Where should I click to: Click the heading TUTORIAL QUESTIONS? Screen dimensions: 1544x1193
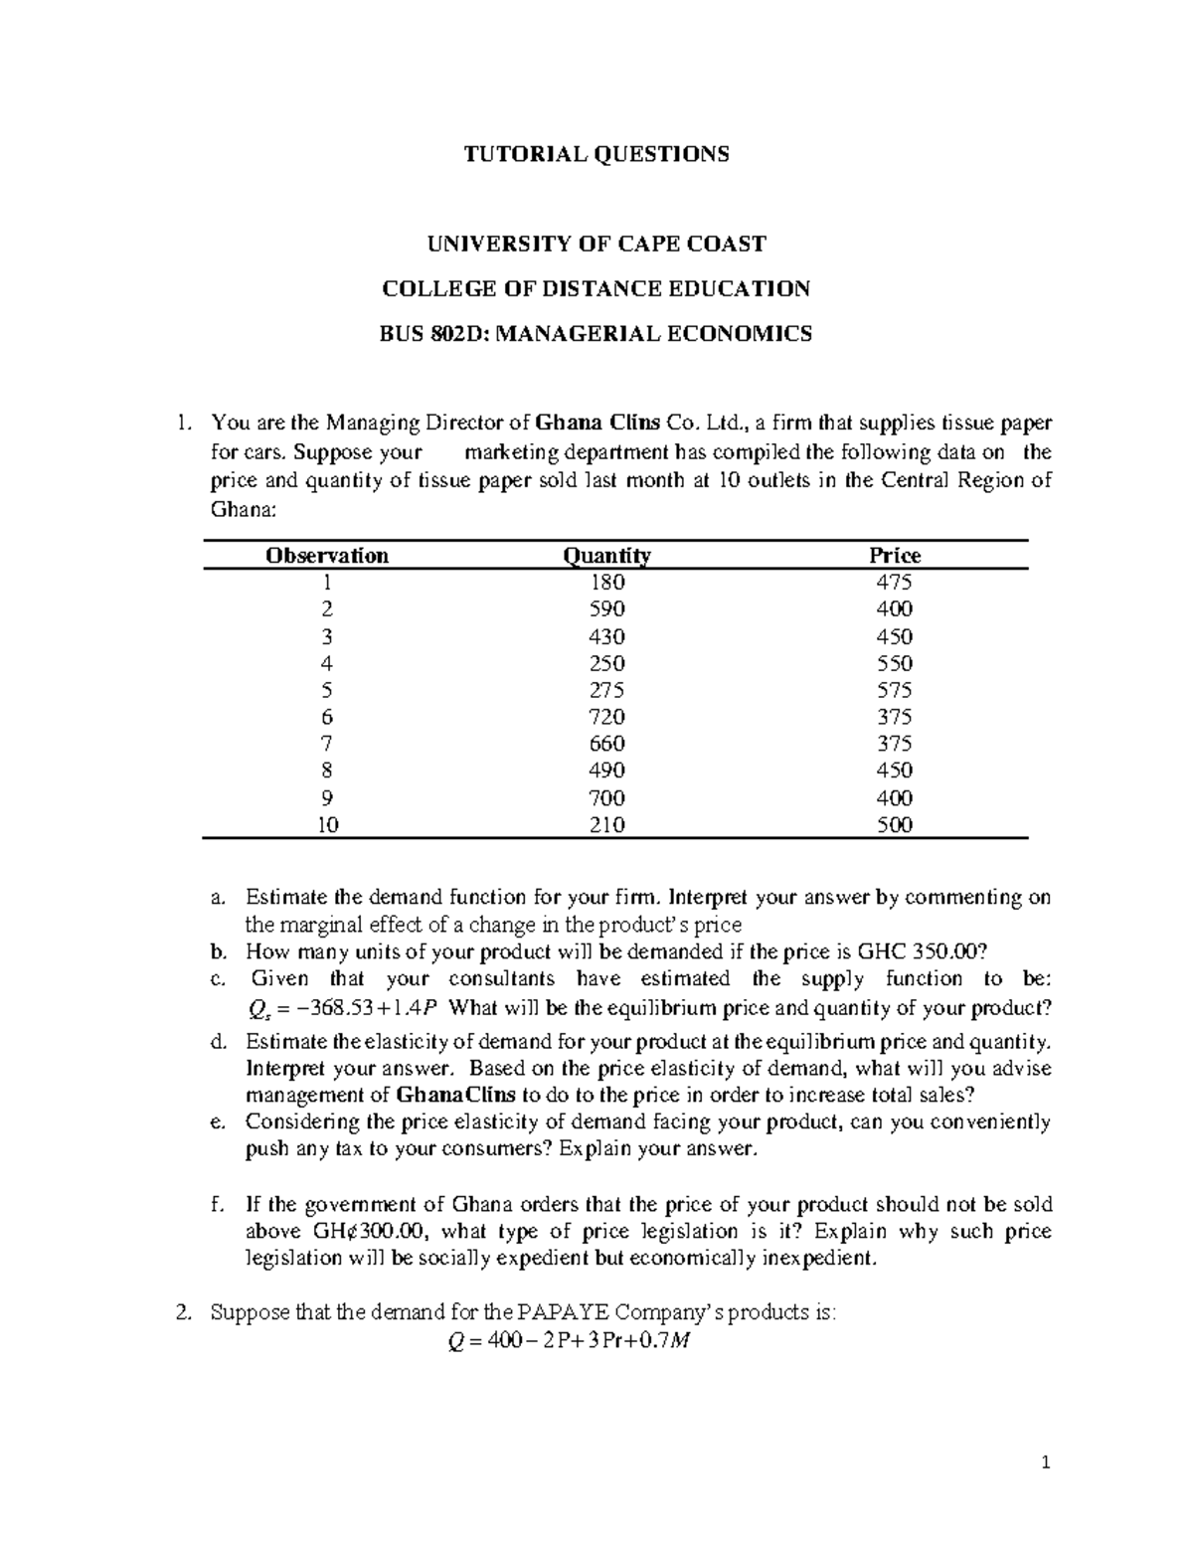coord(597,154)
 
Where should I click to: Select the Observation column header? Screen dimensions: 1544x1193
coord(327,556)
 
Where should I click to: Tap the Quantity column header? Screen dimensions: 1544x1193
coord(606,556)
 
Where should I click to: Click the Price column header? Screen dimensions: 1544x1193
coord(895,556)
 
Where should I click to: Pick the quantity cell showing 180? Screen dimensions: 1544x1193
coord(606,583)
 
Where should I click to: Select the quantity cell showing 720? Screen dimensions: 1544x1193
coord(606,717)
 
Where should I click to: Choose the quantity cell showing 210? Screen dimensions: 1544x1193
coord(606,824)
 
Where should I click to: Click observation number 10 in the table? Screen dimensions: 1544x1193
coord(327,824)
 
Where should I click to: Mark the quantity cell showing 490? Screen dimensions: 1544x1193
coord(606,771)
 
